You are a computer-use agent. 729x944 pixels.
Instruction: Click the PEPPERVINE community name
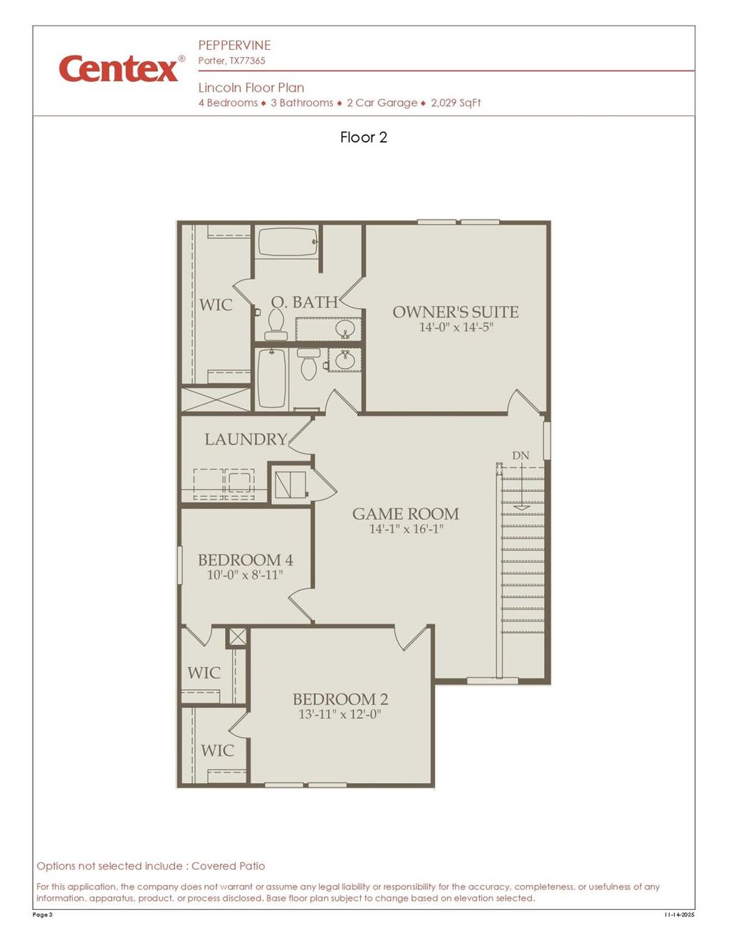click(234, 45)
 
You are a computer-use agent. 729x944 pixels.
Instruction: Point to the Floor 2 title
click(364, 137)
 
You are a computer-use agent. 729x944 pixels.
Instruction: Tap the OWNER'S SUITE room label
click(456, 312)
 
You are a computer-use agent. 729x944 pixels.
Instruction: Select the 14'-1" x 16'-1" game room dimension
click(406, 529)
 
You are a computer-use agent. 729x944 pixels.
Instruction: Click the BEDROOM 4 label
click(245, 560)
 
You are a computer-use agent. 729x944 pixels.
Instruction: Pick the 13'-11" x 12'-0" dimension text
click(340, 714)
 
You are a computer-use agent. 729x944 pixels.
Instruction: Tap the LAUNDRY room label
click(246, 439)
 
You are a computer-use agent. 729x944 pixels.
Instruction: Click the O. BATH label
click(304, 303)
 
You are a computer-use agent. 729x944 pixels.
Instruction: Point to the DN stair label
click(520, 456)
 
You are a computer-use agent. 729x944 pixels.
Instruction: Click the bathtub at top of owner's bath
click(287, 242)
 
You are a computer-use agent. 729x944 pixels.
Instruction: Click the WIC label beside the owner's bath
click(216, 305)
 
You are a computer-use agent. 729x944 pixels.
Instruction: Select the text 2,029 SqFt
click(456, 103)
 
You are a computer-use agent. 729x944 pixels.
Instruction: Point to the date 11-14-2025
click(678, 915)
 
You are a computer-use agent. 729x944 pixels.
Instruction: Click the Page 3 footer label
click(43, 915)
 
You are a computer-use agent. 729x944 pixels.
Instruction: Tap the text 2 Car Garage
click(382, 103)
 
